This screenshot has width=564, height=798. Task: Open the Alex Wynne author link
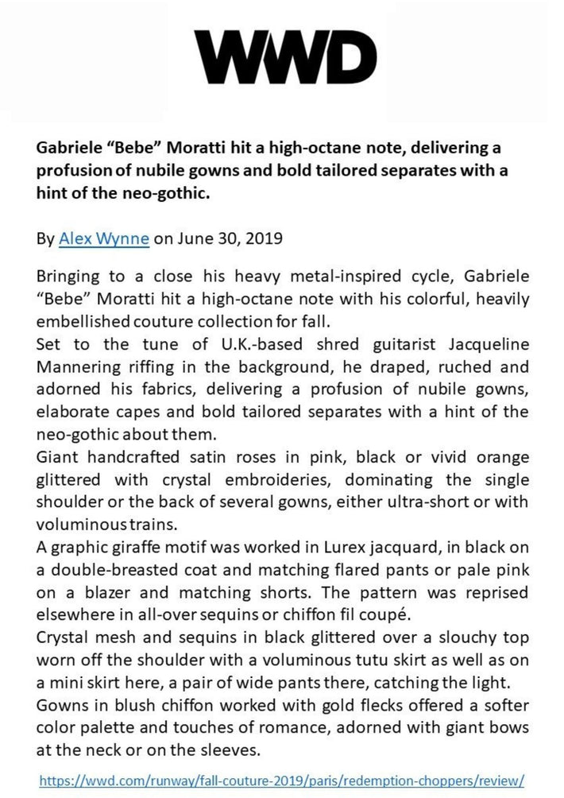coord(104,238)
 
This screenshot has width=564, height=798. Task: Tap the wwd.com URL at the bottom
coord(281,780)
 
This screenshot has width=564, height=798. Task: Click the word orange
coord(500,459)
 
